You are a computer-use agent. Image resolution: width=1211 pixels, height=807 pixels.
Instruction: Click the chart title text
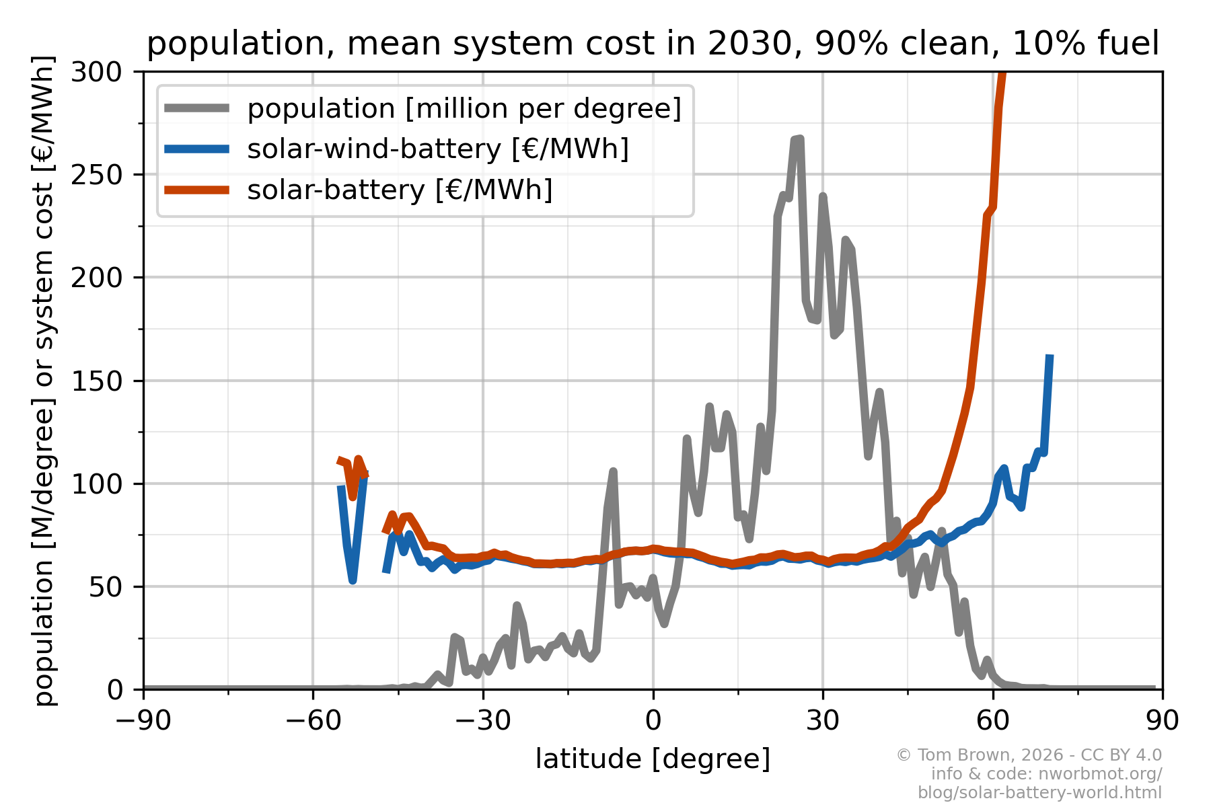click(x=653, y=44)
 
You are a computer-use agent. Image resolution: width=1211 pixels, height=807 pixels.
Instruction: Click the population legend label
click(x=464, y=109)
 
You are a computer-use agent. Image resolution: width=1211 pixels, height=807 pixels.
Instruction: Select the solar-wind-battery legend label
click(x=438, y=149)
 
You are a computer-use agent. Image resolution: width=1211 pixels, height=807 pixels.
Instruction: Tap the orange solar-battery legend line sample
click(x=197, y=190)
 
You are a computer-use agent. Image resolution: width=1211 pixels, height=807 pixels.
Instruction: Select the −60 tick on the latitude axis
click(x=312, y=721)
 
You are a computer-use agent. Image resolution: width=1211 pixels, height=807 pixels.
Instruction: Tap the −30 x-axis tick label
click(x=482, y=721)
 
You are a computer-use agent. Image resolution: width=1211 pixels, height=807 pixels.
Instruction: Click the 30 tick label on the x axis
click(x=822, y=721)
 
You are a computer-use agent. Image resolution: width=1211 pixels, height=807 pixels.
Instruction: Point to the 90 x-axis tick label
click(x=1162, y=721)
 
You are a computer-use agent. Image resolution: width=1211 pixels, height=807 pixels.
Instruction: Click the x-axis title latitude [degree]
click(x=653, y=759)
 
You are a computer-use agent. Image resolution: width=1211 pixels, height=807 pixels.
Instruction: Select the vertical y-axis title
click(x=44, y=380)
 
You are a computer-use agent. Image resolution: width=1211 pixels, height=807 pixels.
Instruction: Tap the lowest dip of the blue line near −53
click(x=353, y=580)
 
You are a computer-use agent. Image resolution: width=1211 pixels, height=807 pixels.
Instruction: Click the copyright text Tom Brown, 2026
click(x=1029, y=755)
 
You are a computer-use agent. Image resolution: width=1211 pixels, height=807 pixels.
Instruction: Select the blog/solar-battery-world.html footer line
click(x=1039, y=793)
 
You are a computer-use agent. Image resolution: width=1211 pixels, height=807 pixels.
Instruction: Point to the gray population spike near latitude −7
click(x=613, y=471)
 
